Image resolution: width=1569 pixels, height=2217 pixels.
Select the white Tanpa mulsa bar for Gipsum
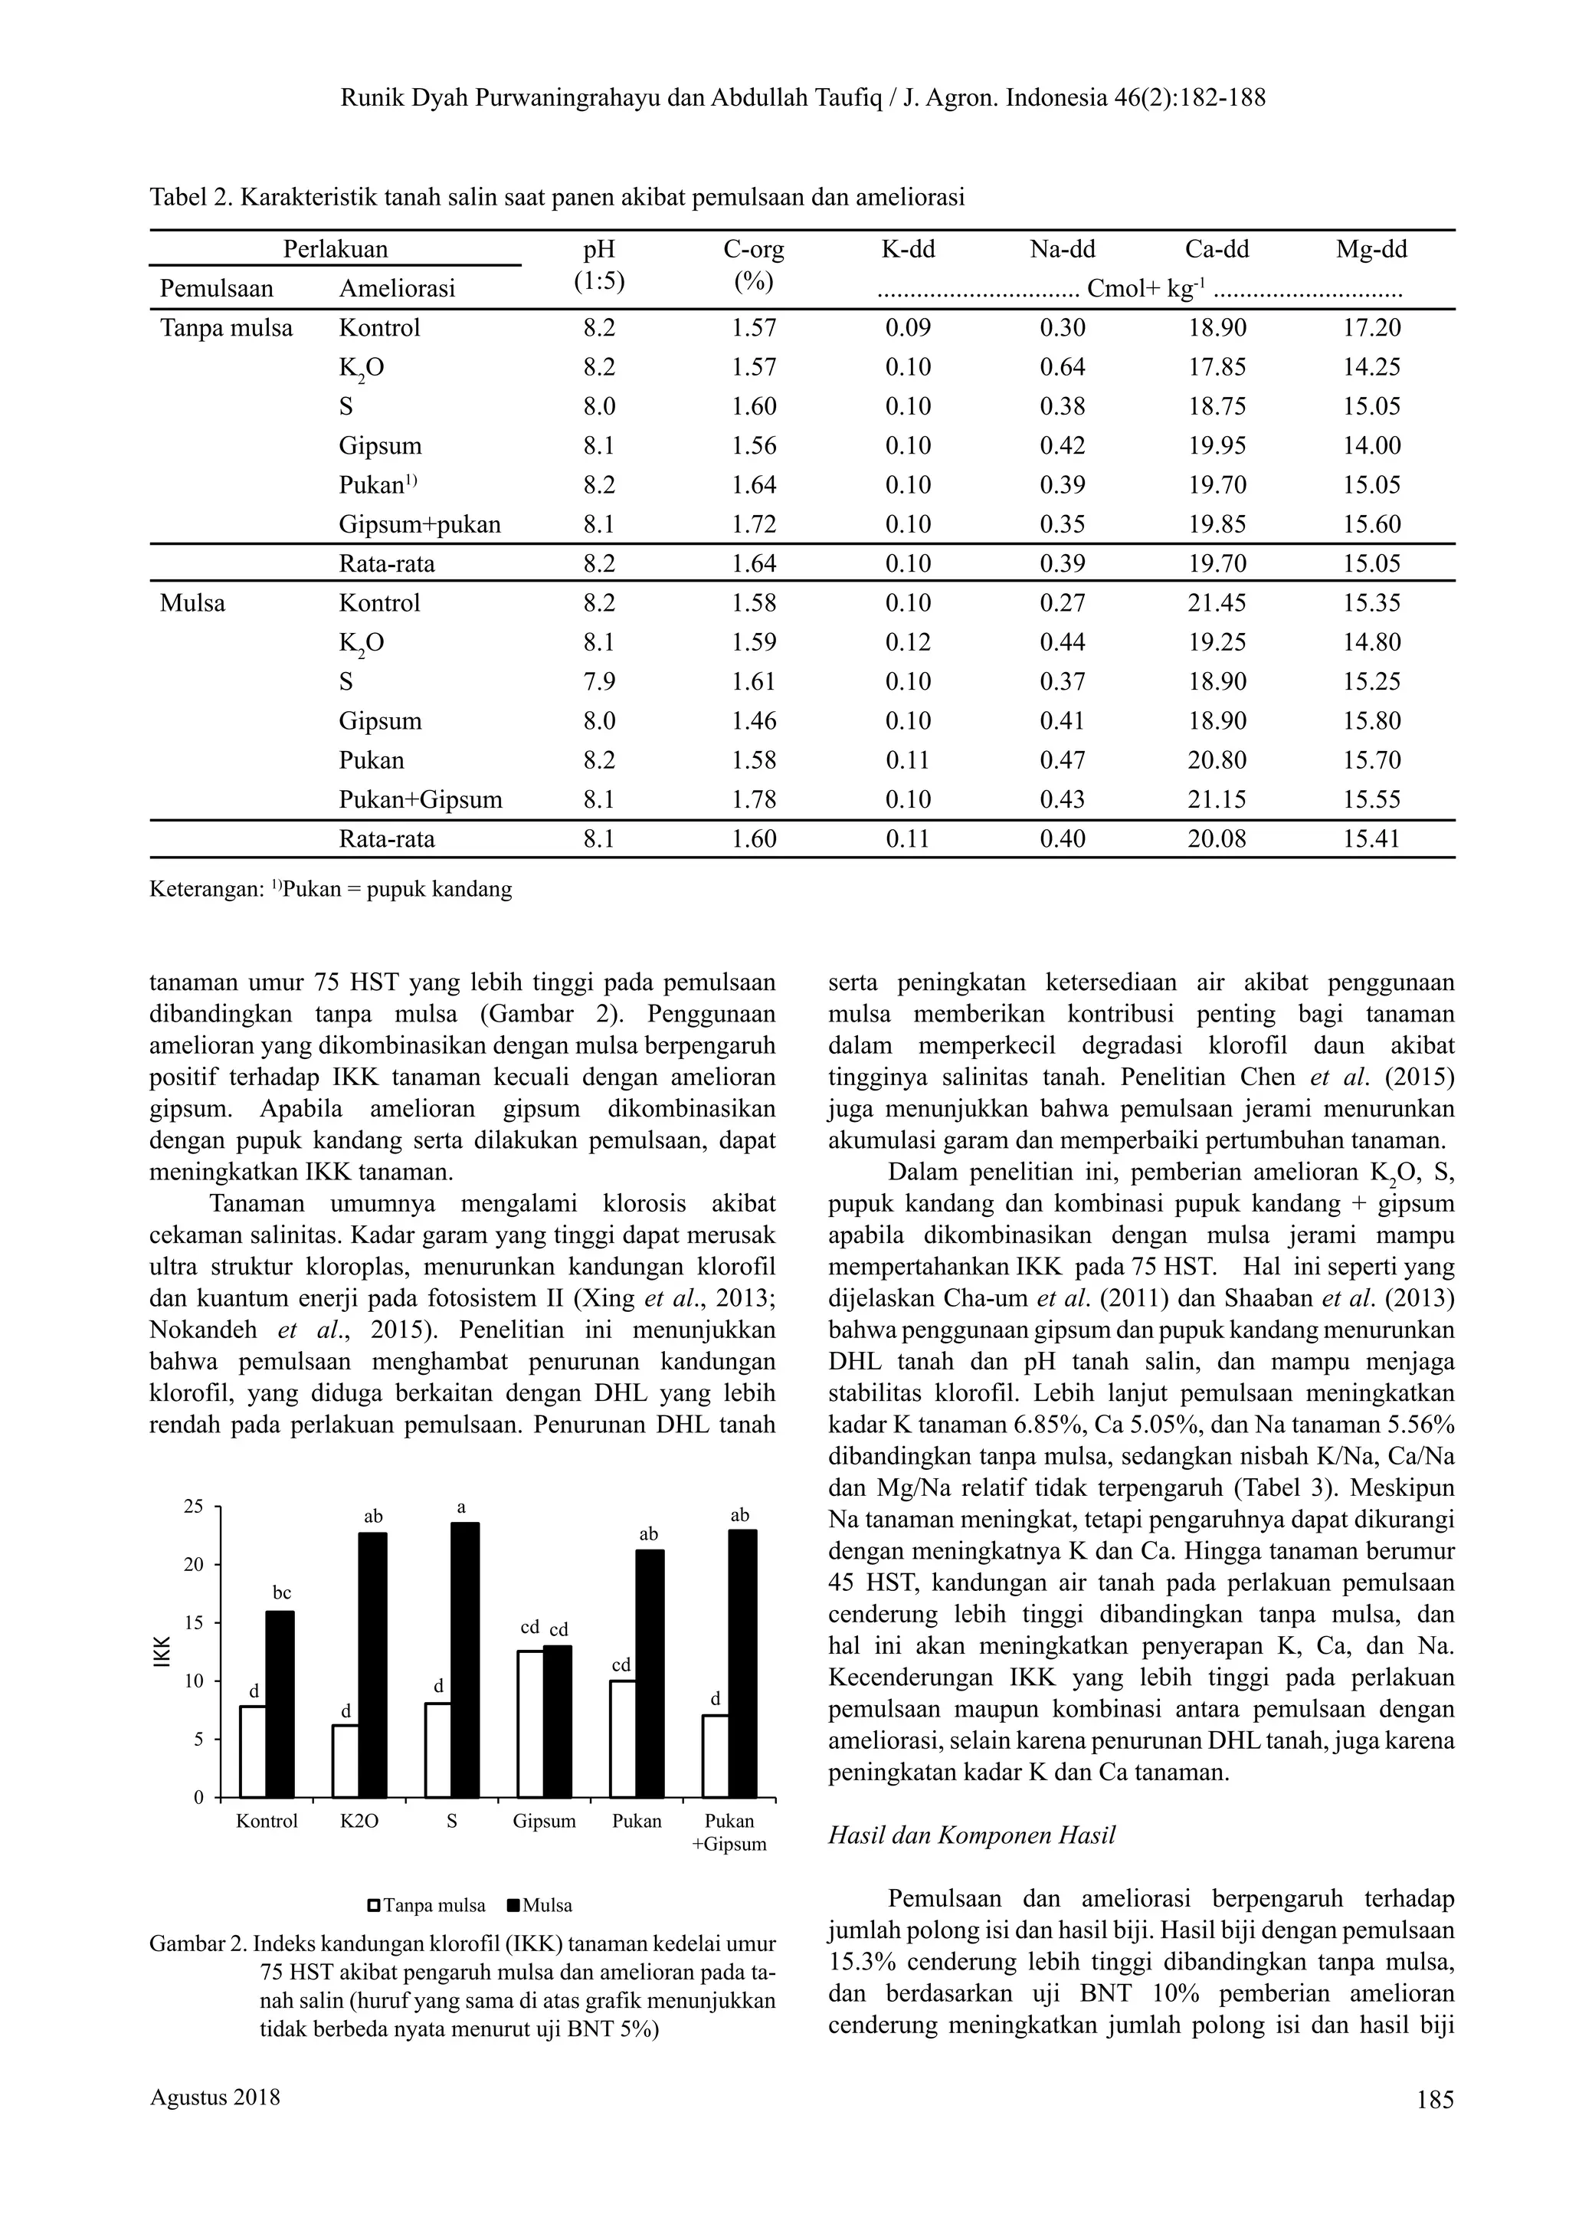(x=529, y=1725)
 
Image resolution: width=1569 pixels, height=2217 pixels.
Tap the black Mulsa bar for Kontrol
(x=280, y=1704)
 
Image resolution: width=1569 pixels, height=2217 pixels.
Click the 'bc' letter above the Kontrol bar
(x=281, y=1592)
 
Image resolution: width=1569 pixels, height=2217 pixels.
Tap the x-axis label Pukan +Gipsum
(x=729, y=1832)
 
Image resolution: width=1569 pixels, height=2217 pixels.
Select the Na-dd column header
(x=1062, y=249)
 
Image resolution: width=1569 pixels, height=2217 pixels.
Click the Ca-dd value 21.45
(x=1217, y=603)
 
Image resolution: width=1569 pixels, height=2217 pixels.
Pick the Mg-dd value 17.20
(x=1371, y=328)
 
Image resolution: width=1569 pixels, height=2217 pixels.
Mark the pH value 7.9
(x=599, y=681)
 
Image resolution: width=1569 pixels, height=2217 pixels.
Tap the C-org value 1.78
(x=754, y=799)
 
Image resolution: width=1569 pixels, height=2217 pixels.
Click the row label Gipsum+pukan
(x=419, y=525)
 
